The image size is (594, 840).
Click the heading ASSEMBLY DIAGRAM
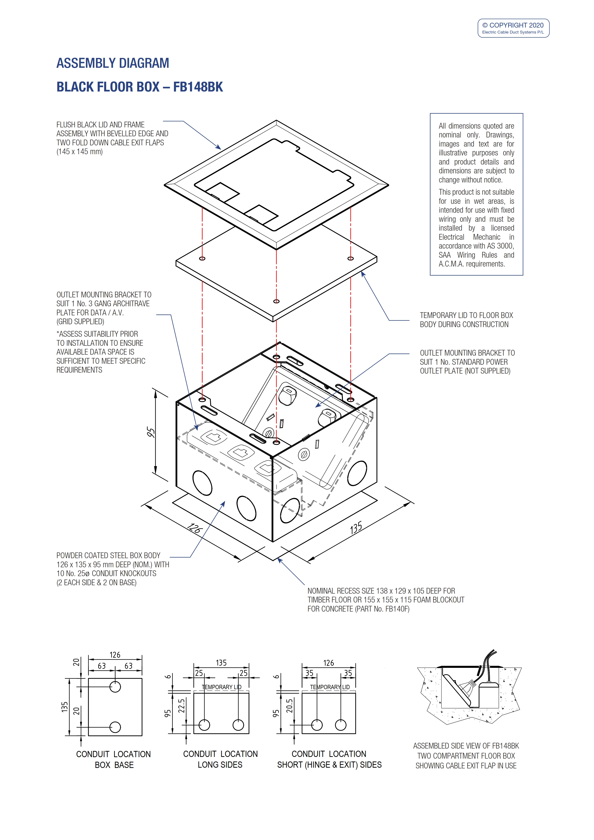click(x=113, y=63)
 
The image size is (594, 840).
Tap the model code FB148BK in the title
click(x=198, y=87)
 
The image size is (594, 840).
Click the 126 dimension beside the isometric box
click(x=195, y=528)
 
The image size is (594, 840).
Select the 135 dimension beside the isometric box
click(x=356, y=528)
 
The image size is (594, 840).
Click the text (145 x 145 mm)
click(x=79, y=152)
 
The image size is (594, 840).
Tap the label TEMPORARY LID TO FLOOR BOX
click(x=466, y=315)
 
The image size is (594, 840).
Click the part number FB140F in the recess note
click(x=397, y=609)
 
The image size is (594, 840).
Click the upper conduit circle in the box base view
click(x=115, y=687)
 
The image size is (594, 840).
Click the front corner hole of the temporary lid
click(x=276, y=301)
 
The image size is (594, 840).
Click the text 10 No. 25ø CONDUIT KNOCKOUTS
click(x=106, y=573)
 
